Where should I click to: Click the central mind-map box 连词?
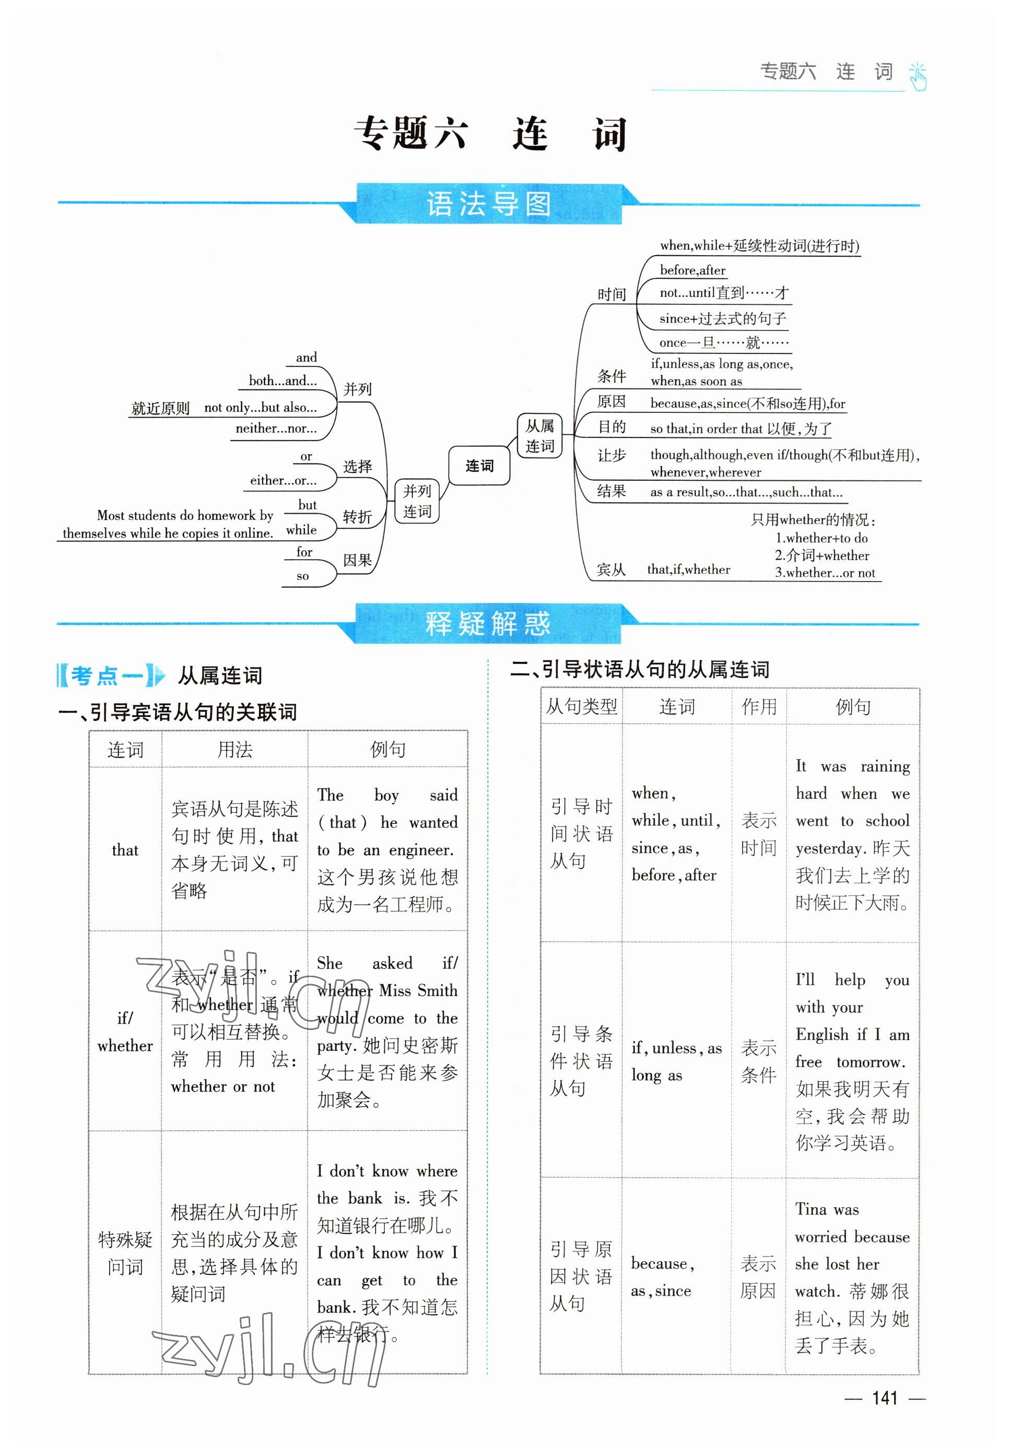point(479,466)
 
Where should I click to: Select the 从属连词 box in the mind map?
point(539,436)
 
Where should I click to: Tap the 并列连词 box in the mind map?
point(417,500)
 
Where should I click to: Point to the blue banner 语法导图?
point(488,204)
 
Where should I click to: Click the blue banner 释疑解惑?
point(488,624)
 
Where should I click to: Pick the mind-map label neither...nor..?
point(276,428)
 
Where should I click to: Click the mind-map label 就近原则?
point(160,408)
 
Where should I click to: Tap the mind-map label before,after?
point(692,270)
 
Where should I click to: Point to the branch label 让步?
point(612,455)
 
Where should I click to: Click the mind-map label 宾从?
point(610,569)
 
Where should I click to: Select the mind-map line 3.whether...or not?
point(825,572)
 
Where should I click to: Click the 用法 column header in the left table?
point(235,750)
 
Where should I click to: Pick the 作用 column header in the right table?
point(759,706)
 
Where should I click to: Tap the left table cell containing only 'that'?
point(125,850)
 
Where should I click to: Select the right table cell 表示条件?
point(759,1061)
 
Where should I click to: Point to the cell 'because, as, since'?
point(662,1277)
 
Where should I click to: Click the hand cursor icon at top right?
point(918,77)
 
